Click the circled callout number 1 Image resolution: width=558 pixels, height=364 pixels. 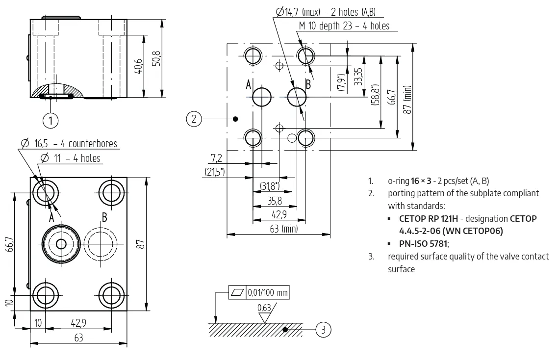(x=51, y=120)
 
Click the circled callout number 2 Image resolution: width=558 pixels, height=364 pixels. (x=194, y=119)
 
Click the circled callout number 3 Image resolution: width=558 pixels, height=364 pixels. (x=323, y=330)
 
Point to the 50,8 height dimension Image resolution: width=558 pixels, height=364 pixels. (x=156, y=58)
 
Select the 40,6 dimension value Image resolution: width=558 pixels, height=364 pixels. (x=138, y=66)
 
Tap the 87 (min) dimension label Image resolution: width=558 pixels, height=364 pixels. (x=407, y=100)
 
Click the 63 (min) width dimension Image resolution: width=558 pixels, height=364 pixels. (x=283, y=229)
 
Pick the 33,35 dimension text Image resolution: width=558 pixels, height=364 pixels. (x=358, y=77)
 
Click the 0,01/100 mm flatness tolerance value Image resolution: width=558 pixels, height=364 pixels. (x=268, y=293)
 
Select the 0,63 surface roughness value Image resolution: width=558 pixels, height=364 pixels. (x=264, y=308)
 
